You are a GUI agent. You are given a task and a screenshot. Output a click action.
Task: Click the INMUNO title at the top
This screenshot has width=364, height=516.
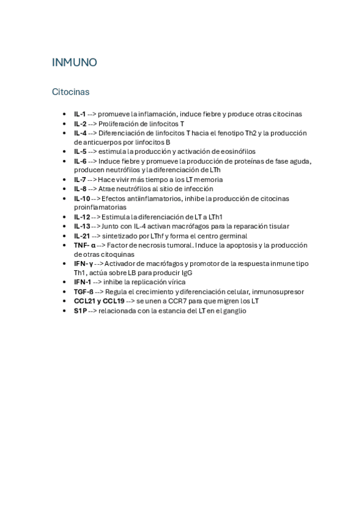(x=74, y=63)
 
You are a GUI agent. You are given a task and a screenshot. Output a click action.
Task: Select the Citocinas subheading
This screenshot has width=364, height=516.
(x=70, y=92)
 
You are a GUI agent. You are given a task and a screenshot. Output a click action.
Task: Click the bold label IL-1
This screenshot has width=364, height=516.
(x=80, y=114)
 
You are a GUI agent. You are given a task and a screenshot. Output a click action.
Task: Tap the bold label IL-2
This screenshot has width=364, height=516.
(x=80, y=124)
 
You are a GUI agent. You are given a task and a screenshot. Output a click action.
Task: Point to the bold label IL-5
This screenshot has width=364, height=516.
(x=80, y=152)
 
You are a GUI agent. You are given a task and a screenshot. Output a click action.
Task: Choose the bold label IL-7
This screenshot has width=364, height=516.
(x=80, y=180)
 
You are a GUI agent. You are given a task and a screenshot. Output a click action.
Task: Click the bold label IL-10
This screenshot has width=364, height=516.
(x=82, y=198)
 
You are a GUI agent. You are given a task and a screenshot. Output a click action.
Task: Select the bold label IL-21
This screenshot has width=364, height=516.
(x=82, y=235)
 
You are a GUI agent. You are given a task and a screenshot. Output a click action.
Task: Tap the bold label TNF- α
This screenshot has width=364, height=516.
(x=85, y=245)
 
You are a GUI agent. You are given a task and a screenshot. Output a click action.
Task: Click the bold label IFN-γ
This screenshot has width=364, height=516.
(x=83, y=263)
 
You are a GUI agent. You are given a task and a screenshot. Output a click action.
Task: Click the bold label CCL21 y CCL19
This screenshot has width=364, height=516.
(x=99, y=301)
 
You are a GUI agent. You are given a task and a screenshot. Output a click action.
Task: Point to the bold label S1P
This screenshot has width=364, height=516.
(x=80, y=311)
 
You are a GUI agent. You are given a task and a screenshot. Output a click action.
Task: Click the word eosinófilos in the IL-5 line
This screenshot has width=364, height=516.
(x=234, y=152)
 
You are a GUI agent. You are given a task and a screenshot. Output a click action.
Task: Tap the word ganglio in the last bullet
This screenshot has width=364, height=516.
(x=233, y=311)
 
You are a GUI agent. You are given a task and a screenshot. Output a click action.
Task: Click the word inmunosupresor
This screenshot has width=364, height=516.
(x=278, y=291)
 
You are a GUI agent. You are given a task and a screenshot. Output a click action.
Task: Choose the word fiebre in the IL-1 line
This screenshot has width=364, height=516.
(x=212, y=114)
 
